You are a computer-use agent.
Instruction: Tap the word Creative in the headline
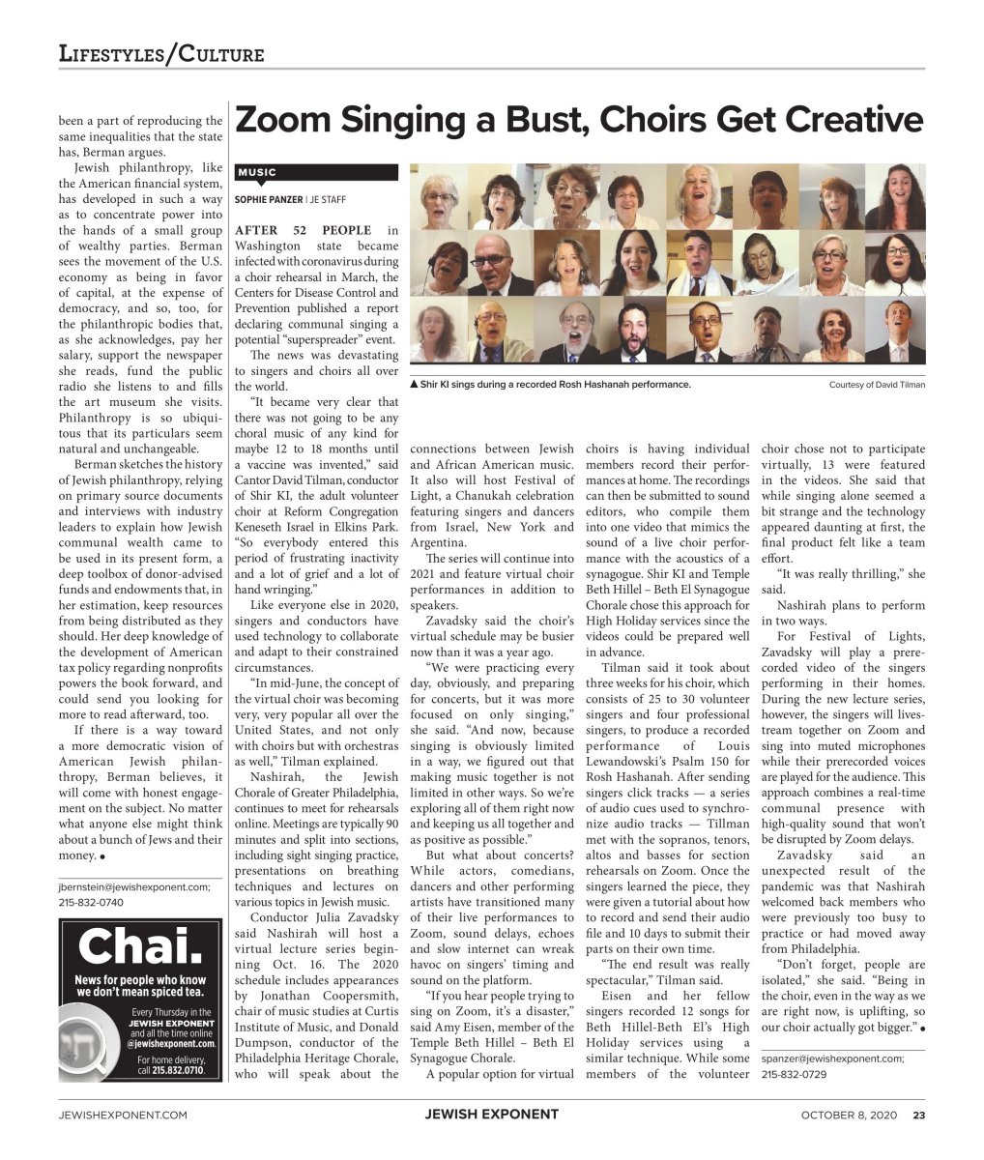pos(854,121)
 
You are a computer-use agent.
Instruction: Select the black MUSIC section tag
pos(257,173)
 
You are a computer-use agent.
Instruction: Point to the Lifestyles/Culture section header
pos(161,53)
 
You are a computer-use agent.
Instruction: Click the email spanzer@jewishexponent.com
pos(832,1058)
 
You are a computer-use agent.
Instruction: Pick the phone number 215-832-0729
pos(794,1074)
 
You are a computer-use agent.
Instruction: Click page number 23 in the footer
pos(919,1115)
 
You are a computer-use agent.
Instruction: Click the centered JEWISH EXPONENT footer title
pos(491,1115)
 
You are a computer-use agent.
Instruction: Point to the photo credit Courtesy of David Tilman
pos(877,385)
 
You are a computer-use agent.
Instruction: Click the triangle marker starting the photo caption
pos(414,385)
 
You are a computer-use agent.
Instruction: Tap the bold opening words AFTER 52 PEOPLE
pos(303,230)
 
